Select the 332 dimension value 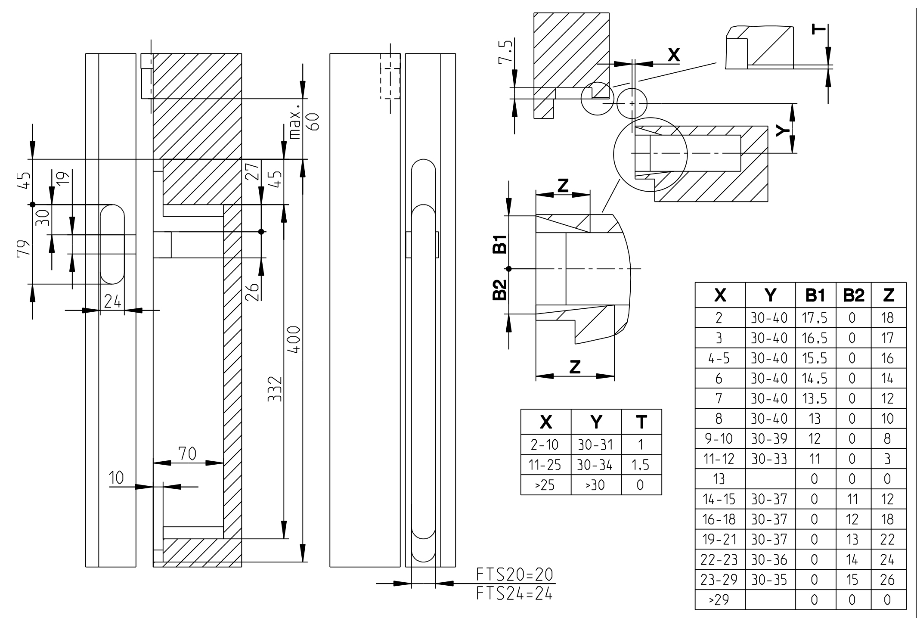[275, 389]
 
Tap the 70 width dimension [187, 453]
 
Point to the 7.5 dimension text [507, 53]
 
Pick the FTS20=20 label [514, 575]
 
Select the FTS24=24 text [514, 594]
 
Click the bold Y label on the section [781, 130]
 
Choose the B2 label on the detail [499, 289]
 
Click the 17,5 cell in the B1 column [815, 318]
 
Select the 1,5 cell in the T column [641, 465]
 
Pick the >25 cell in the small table [545, 485]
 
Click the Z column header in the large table [888, 295]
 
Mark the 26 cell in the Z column [888, 580]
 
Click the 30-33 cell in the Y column [769, 459]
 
